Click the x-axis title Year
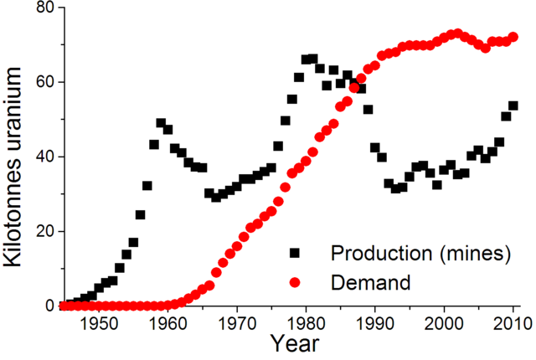pyautogui.click(x=292, y=345)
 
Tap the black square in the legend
pyautogui.click(x=296, y=253)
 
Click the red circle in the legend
pyautogui.click(x=296, y=282)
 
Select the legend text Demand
pyautogui.click(x=370, y=282)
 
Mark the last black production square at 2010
pyautogui.click(x=513, y=106)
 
